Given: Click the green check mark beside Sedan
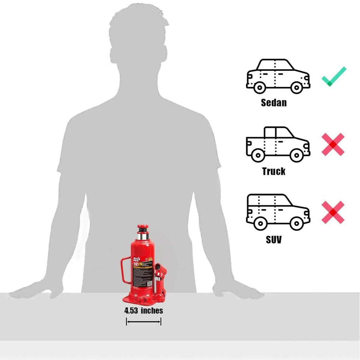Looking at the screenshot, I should click(334, 77).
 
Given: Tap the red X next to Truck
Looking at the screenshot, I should click(333, 145).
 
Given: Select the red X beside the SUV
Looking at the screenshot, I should click(333, 213).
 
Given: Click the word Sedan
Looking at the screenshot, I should click(274, 102).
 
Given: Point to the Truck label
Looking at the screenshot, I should click(274, 171).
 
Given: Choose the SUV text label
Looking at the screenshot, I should click(274, 239).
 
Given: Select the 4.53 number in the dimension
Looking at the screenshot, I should click(131, 310).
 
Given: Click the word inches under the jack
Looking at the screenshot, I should click(152, 310).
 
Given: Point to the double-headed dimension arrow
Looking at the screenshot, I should click(144, 322).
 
